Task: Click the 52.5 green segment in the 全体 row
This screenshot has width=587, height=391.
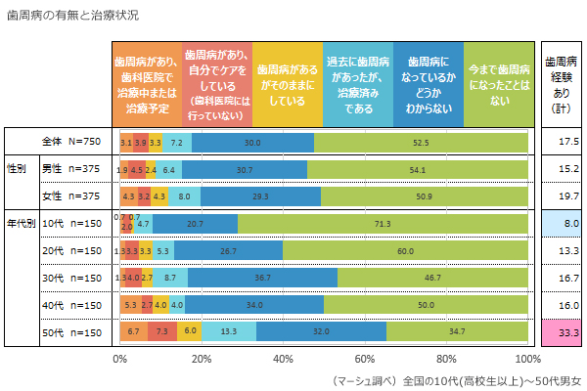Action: (421, 143)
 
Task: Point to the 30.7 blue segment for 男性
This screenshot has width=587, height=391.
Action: (245, 169)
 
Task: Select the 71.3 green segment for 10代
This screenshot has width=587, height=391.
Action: (383, 224)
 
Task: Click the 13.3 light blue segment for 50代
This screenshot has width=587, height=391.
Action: (229, 333)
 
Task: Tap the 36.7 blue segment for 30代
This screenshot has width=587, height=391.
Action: (262, 279)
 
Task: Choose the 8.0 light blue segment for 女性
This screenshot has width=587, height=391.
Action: (185, 196)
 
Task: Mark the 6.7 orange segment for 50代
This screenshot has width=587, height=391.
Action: (134, 333)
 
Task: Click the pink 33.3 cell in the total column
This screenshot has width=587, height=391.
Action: (562, 333)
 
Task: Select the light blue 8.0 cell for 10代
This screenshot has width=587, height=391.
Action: (562, 224)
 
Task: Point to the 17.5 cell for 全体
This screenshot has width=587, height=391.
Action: (562, 143)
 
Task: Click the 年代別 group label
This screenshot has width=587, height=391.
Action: (21, 224)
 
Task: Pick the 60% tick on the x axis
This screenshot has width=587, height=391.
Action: (366, 359)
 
